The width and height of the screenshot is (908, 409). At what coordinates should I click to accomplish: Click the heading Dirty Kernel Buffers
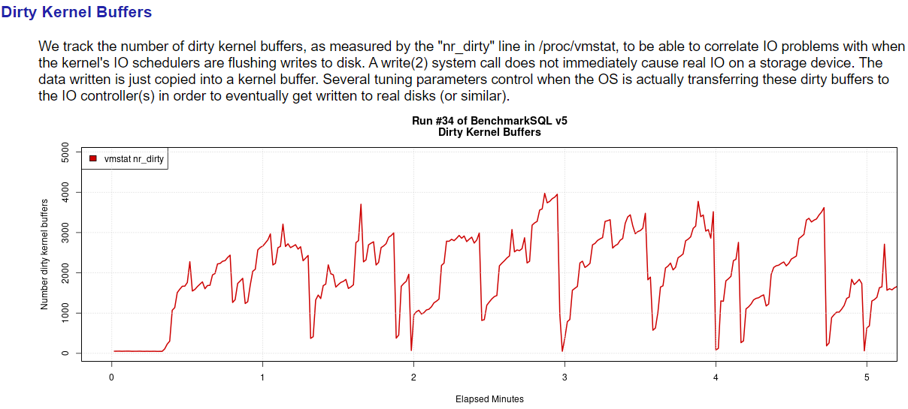(x=77, y=13)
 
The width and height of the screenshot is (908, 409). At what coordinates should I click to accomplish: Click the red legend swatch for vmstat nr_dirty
(x=93, y=158)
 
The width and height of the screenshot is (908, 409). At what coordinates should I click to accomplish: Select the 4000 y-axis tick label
(x=65, y=192)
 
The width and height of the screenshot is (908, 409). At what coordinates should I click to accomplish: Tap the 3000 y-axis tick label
(x=65, y=233)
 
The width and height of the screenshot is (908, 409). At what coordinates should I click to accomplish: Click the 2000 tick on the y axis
(x=65, y=272)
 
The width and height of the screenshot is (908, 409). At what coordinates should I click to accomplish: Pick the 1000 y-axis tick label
(x=65, y=312)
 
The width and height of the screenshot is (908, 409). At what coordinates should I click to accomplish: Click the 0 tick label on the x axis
(x=111, y=376)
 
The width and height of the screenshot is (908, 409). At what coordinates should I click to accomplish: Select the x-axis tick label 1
(x=262, y=376)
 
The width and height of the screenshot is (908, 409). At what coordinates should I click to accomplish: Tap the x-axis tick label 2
(x=413, y=376)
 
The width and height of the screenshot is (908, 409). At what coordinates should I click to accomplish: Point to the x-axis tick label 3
(x=564, y=376)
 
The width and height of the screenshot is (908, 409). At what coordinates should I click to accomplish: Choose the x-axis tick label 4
(x=716, y=376)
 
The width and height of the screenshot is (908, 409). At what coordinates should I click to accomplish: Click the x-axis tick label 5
(x=867, y=376)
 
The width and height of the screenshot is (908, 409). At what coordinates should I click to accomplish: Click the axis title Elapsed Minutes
(x=489, y=399)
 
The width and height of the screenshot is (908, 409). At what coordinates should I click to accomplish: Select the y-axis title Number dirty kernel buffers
(x=44, y=254)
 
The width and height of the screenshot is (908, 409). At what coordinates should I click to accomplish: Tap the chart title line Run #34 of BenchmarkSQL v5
(x=489, y=121)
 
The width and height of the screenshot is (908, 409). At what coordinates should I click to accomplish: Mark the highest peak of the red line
(x=544, y=194)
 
